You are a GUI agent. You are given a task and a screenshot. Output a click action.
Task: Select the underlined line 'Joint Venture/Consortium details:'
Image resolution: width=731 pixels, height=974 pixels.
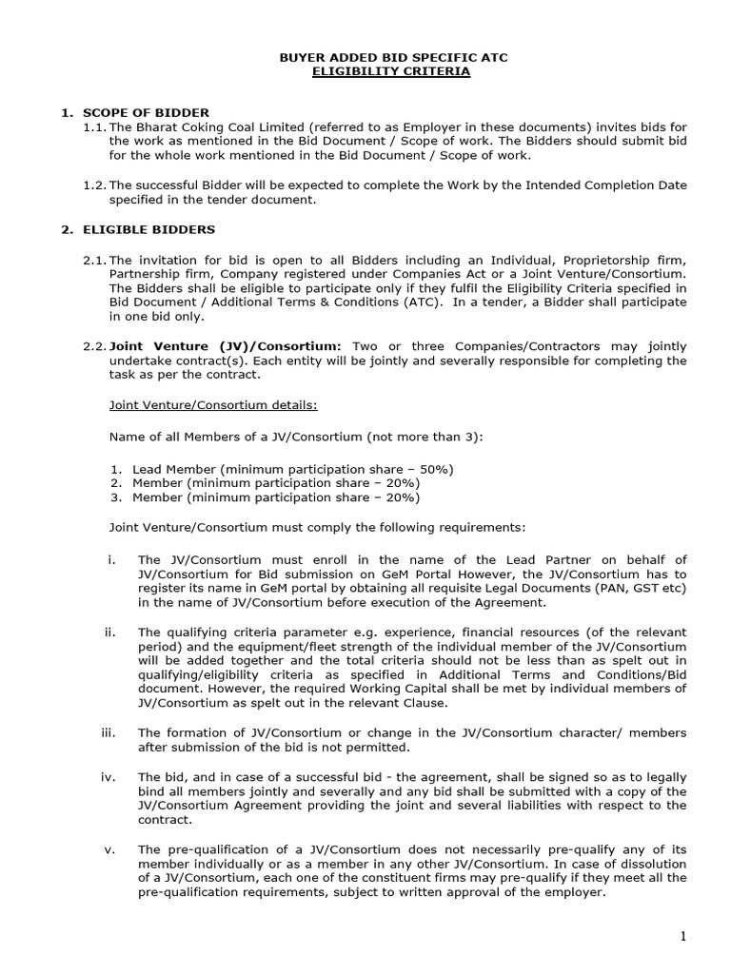click(213, 404)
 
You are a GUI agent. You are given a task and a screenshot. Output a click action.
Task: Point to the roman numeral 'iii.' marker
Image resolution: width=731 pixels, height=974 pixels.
click(107, 731)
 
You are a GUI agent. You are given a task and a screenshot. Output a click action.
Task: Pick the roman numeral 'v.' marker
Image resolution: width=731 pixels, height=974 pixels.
click(109, 848)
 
